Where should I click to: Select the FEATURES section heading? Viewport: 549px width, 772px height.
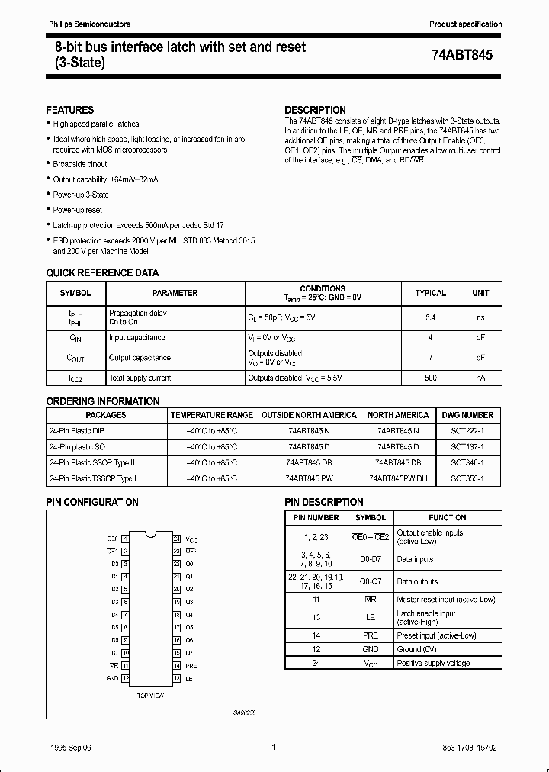70,110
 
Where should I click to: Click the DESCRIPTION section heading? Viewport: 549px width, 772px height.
315,110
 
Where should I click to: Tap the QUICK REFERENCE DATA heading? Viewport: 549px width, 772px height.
102,273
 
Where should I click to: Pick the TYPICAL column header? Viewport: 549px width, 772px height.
430,293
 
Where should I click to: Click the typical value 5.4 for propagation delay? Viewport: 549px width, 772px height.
430,317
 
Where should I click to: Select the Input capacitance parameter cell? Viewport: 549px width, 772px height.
137,337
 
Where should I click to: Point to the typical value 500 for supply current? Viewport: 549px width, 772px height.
430,378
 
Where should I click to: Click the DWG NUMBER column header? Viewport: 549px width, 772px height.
467,415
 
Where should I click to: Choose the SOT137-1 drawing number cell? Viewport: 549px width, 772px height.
467,446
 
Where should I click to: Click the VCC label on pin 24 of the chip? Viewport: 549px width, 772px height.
191,539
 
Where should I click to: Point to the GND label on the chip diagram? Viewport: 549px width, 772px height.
112,678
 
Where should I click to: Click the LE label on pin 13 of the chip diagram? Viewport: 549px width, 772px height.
188,678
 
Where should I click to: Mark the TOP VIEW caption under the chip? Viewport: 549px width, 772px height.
151,696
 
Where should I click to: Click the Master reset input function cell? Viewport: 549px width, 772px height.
446,600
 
